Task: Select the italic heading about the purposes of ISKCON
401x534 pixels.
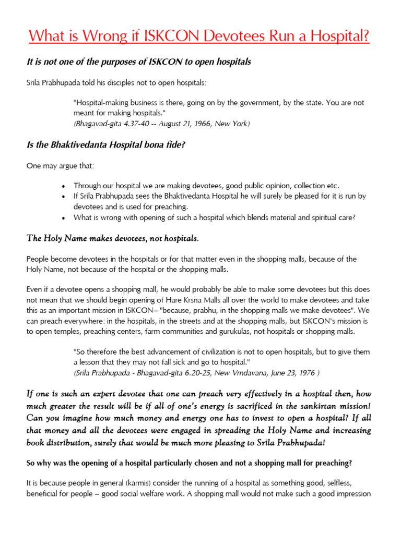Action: coord(139,62)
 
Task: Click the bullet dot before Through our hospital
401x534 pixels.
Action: coord(63,186)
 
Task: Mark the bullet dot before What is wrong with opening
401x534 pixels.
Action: coord(63,218)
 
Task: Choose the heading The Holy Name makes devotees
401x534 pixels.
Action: coord(112,238)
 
